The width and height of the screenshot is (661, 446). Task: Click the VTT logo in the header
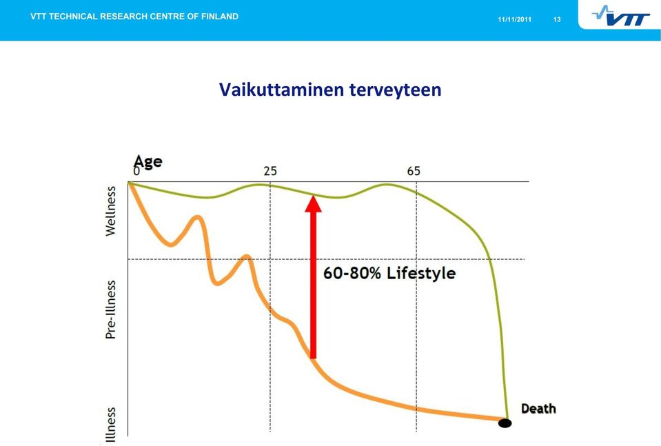click(x=620, y=16)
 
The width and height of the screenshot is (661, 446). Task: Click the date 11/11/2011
click(x=514, y=19)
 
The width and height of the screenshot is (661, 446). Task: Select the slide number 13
click(x=557, y=19)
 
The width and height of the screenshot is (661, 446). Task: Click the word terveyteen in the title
click(x=395, y=90)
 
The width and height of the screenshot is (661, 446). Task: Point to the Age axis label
click(x=148, y=161)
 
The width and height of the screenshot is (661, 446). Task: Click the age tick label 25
click(x=270, y=171)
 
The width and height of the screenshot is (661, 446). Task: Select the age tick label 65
click(x=414, y=171)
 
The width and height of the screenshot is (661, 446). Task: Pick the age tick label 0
click(x=136, y=171)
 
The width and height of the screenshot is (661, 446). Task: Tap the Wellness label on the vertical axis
click(x=110, y=211)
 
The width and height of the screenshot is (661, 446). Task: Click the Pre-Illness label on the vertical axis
click(x=110, y=310)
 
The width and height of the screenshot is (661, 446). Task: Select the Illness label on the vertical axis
click(x=110, y=425)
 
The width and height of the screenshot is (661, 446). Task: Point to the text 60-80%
click(x=352, y=273)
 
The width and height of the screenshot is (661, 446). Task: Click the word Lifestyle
click(x=421, y=274)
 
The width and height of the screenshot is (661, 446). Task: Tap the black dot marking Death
click(x=505, y=423)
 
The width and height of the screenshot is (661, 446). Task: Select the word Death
click(x=538, y=409)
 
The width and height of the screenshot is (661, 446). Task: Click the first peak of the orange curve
click(x=197, y=218)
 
